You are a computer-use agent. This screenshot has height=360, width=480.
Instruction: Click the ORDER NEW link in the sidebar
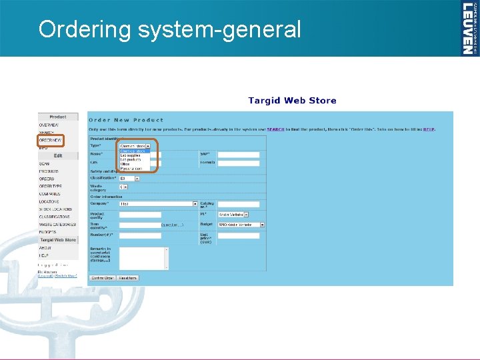point(50,141)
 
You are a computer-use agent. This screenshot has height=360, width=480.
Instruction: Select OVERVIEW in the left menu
point(49,125)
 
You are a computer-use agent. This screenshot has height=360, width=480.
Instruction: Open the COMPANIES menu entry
point(50,194)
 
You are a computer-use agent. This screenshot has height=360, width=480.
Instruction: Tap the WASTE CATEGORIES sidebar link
point(57,225)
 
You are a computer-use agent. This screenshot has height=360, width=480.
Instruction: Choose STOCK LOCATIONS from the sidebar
point(55,209)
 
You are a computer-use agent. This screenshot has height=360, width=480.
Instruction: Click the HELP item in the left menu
point(43,255)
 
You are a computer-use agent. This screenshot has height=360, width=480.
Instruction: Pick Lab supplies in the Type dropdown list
point(131,155)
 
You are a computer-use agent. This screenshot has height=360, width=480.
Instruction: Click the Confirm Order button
point(103,278)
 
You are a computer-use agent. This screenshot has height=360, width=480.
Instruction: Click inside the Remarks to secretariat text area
point(143,258)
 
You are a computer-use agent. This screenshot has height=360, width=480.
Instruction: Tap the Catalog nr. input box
point(238,204)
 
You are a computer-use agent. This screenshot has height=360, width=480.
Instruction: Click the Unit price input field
point(238,235)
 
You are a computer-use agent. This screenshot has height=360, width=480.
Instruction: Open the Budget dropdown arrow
point(263,225)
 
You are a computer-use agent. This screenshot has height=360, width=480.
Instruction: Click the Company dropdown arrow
point(195,204)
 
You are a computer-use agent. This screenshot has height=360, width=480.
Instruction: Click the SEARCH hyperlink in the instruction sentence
point(276,129)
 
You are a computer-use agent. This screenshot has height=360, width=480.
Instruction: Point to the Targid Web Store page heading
point(292,101)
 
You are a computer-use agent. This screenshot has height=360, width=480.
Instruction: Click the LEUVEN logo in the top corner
point(469,28)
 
